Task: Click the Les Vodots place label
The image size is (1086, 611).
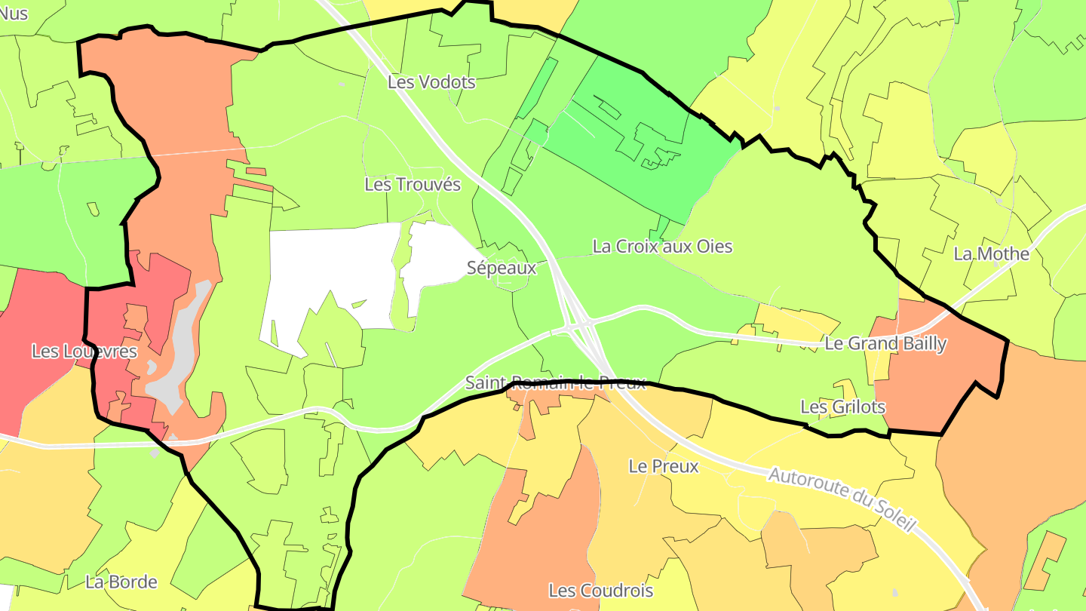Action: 431,82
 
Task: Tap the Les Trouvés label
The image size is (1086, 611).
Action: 412,185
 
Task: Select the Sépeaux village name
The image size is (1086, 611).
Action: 501,268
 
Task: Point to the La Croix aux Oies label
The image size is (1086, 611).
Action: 662,247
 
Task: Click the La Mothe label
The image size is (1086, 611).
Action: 991,254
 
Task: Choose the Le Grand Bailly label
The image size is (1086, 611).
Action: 885,345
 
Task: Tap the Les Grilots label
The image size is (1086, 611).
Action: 842,407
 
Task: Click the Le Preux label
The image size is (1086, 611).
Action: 664,467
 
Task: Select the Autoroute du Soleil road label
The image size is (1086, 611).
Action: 841,499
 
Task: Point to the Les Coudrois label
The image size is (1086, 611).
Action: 600,591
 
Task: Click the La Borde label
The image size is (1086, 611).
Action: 121,582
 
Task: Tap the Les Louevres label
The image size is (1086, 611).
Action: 84,352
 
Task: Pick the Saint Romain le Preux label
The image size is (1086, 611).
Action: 555,382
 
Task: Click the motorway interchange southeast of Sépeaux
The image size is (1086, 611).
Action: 577,324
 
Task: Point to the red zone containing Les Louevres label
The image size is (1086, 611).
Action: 38,317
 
